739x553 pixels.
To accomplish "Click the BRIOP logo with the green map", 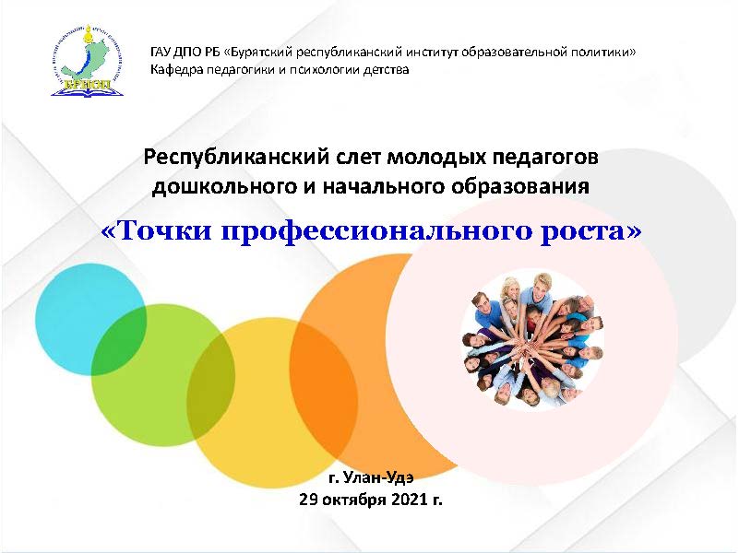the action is coord(88,61).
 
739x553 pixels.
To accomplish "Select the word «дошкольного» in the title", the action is coord(222,187).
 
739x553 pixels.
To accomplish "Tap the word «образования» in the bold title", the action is coord(520,187).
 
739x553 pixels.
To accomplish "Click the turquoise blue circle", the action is coord(71,301).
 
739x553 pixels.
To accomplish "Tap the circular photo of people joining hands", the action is coord(532,342).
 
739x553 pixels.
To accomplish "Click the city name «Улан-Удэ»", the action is coord(378,477).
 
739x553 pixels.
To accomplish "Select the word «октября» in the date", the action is coord(353,500).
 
